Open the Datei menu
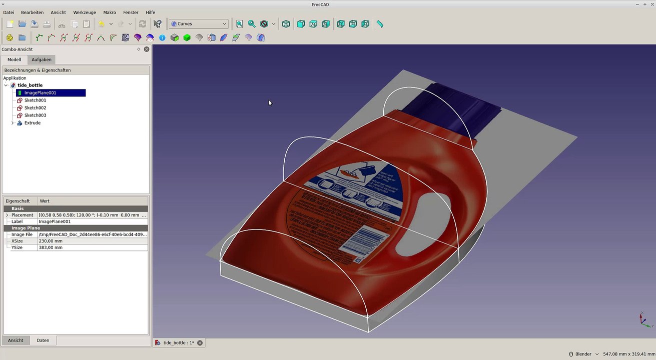click(9, 12)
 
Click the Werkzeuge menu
click(85, 12)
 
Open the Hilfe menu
click(150, 12)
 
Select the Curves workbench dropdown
click(199, 24)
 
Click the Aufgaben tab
click(42, 59)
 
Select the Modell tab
click(14, 59)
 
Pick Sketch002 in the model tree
click(35, 108)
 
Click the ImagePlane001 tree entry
click(40, 93)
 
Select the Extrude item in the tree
click(32, 123)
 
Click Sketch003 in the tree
click(35, 115)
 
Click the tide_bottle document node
click(30, 85)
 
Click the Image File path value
click(93, 234)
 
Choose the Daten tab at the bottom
click(43, 340)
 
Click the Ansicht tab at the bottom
click(16, 340)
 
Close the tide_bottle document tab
click(200, 343)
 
